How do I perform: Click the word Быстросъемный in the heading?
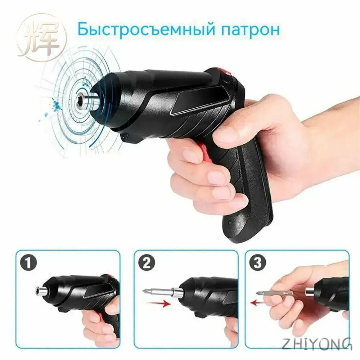[145, 29]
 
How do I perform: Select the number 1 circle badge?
[28, 263]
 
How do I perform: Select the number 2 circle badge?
[147, 263]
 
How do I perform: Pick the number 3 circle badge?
[258, 263]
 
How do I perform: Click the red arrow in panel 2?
[158, 305]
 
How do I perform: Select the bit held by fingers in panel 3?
[274, 294]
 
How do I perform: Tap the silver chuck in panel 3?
[310, 292]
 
